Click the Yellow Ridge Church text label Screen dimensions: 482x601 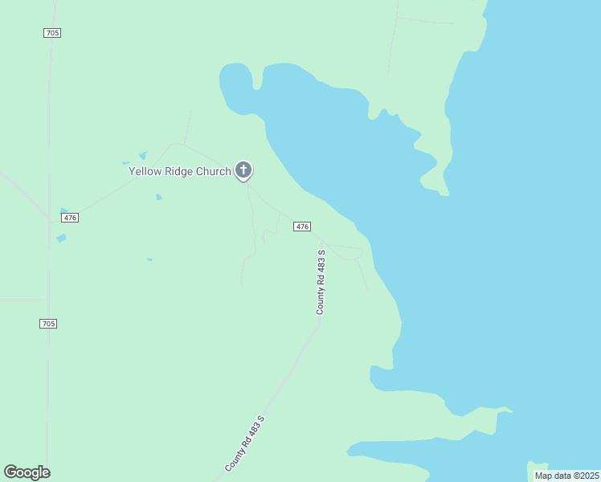(x=181, y=171)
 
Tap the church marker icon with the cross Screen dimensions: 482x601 (x=243, y=170)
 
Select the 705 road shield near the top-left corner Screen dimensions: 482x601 (x=52, y=32)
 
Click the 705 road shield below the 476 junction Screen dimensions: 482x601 (x=48, y=323)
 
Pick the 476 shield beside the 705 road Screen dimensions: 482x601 (x=70, y=218)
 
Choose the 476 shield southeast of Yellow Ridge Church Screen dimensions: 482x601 (x=301, y=227)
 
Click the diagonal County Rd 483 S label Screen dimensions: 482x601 (x=245, y=443)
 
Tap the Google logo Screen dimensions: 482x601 (x=27, y=472)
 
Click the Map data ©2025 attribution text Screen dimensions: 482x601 (x=567, y=476)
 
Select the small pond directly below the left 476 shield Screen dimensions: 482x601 (x=61, y=238)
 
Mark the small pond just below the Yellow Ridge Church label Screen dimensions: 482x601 (x=159, y=197)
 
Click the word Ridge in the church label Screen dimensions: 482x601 (x=181, y=171)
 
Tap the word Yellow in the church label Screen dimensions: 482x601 (x=146, y=171)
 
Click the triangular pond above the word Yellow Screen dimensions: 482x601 (x=143, y=155)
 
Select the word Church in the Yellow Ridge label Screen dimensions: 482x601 (x=215, y=171)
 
